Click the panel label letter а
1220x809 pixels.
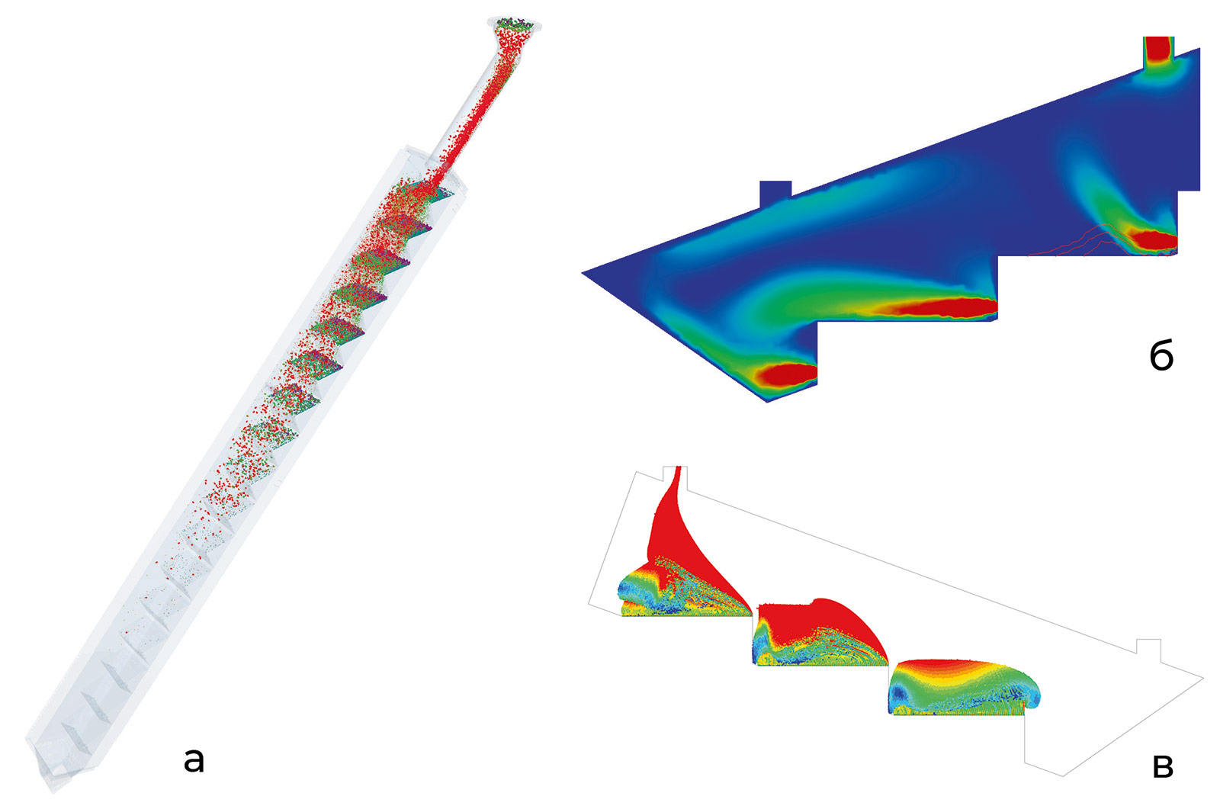point(194,761)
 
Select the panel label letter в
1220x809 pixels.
point(1163,766)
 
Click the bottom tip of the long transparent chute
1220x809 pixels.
point(53,791)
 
